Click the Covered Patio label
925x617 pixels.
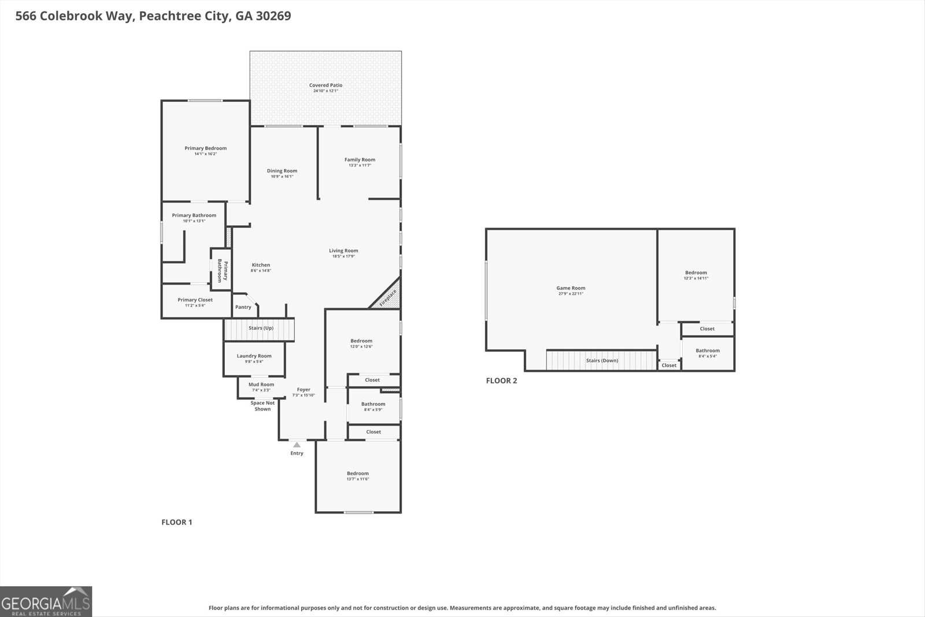pyautogui.click(x=325, y=86)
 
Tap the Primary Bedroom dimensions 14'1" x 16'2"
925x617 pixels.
pyautogui.click(x=205, y=154)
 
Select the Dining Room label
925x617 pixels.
pyautogui.click(x=282, y=171)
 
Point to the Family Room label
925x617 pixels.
pyautogui.click(x=360, y=160)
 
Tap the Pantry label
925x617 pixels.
pyautogui.click(x=243, y=307)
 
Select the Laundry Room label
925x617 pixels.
pyautogui.click(x=254, y=356)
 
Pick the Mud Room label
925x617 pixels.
pyautogui.click(x=261, y=385)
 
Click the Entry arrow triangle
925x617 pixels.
pyautogui.click(x=297, y=445)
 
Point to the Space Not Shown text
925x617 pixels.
pyautogui.click(x=262, y=406)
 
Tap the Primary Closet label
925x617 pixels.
pyautogui.click(x=195, y=300)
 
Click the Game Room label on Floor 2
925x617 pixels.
pyautogui.click(x=571, y=288)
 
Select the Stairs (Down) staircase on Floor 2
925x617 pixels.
pyautogui.click(x=601, y=360)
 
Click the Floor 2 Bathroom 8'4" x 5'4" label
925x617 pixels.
pyautogui.click(x=708, y=350)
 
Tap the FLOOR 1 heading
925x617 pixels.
pyautogui.click(x=176, y=522)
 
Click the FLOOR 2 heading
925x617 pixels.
pyautogui.click(x=501, y=380)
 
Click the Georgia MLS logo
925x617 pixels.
pyautogui.click(x=46, y=601)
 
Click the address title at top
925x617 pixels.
pyautogui.click(x=153, y=16)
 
